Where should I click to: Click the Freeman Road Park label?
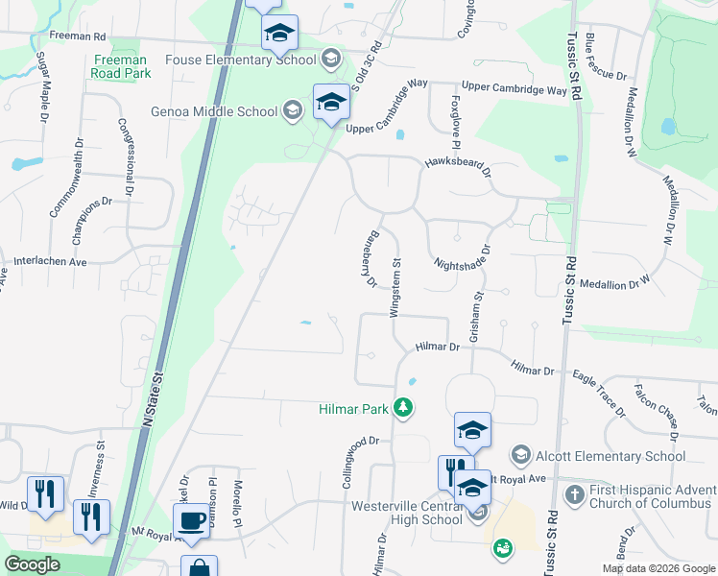[122, 66]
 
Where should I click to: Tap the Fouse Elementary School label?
[241, 60]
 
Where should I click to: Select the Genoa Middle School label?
[214, 111]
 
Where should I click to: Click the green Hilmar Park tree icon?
[405, 409]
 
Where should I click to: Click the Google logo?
[33, 564]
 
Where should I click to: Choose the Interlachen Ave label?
[50, 261]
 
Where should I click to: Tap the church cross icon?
[574, 495]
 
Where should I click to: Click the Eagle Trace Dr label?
[596, 393]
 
